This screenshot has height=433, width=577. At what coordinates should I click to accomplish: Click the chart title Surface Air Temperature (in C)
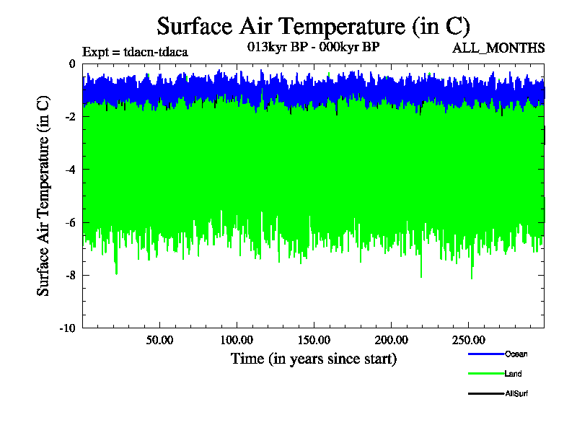coord(314,26)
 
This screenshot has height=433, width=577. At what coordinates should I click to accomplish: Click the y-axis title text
coord(44,196)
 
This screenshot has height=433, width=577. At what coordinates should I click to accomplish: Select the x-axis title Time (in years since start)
coord(314,358)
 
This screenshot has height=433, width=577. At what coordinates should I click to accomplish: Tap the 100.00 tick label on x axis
coord(236,339)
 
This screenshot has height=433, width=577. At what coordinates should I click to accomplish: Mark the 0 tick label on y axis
coord(71,64)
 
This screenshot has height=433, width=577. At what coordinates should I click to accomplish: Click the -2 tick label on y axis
coord(69,117)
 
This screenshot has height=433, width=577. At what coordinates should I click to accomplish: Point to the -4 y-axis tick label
coord(69,170)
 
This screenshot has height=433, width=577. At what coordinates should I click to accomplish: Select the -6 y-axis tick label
coord(69,222)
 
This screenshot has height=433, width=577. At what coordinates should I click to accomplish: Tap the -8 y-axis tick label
coord(69,275)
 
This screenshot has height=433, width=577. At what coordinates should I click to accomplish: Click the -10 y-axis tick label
coord(67,328)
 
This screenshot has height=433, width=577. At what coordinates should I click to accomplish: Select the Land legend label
coord(513,374)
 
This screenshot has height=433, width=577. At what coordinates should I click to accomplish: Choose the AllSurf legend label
coord(516,393)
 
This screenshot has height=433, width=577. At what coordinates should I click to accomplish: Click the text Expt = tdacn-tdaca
coord(136,52)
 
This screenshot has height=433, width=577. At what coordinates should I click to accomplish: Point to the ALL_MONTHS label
coord(498,48)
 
